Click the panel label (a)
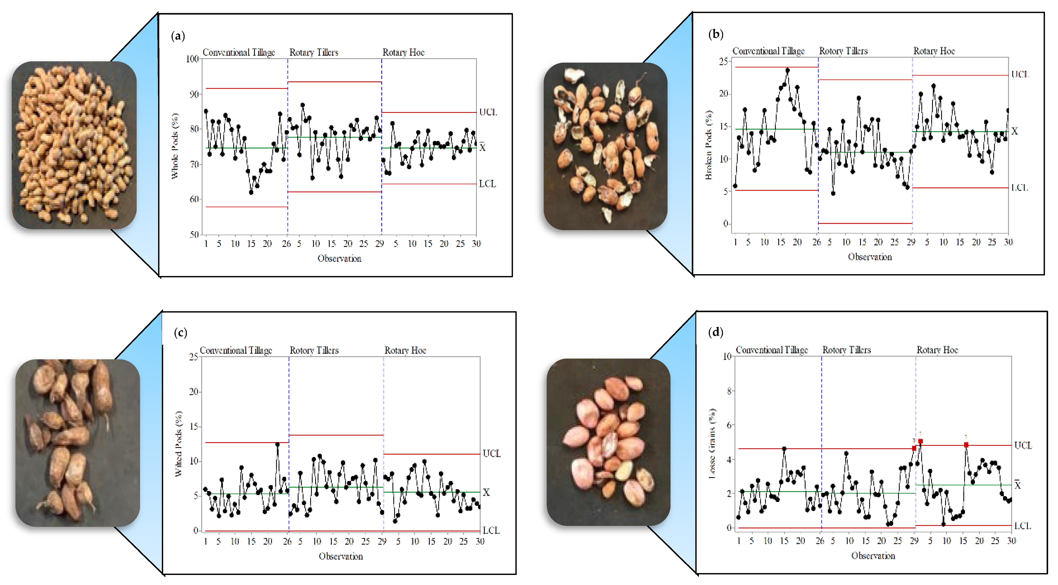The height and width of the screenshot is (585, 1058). pos(178,36)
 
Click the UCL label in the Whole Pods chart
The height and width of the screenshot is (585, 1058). pos(488,112)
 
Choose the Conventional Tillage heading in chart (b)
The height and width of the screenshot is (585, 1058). pos(768,51)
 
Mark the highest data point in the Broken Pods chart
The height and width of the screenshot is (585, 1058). pos(787,70)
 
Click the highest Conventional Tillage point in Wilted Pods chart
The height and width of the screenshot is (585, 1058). pos(277,444)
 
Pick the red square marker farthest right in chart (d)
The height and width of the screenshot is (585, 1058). pos(966,445)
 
